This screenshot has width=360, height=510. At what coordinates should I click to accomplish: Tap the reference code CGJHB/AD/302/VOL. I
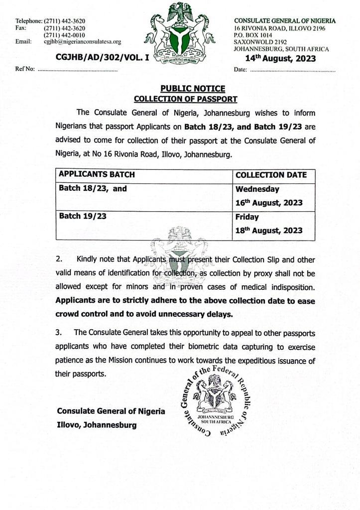pyautogui.click(x=103, y=58)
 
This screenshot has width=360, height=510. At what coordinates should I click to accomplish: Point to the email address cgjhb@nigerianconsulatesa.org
pyautogui.click(x=82, y=42)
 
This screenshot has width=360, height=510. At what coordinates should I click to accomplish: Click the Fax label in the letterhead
pyautogui.click(x=20, y=28)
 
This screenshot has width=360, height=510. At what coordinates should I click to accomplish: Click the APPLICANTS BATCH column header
pyautogui.click(x=97, y=175)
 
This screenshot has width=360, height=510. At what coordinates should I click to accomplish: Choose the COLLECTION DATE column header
pyautogui.click(x=271, y=175)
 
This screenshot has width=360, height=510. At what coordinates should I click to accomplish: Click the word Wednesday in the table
pyautogui.click(x=257, y=189)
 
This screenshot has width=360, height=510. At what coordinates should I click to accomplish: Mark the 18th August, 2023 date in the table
pyautogui.click(x=269, y=231)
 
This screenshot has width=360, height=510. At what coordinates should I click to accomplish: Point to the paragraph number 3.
pyautogui.click(x=59, y=332)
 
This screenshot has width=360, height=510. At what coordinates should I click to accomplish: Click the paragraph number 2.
pyautogui.click(x=59, y=259)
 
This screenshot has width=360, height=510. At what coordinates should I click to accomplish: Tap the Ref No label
pyautogui.click(x=25, y=70)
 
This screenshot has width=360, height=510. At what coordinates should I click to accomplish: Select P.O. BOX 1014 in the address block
pyautogui.click(x=253, y=35)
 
